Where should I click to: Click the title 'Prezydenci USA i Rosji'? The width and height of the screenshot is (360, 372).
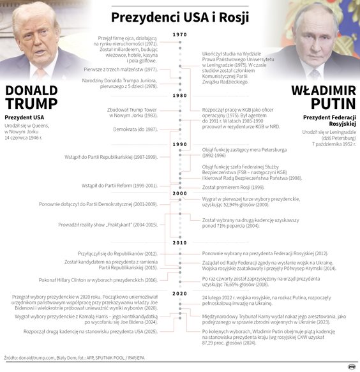point(179,16)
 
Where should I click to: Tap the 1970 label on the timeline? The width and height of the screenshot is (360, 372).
point(180,34)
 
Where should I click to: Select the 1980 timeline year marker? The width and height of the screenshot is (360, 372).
point(180,95)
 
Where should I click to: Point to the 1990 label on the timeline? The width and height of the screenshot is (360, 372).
point(180,144)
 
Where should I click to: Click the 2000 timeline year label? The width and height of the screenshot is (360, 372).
point(180,193)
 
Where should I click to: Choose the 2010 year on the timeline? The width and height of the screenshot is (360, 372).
point(180,242)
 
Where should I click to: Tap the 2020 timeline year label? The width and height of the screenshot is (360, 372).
point(180,293)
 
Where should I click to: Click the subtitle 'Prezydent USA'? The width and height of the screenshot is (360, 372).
point(25,118)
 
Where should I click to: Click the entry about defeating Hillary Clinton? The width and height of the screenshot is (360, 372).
point(102,280)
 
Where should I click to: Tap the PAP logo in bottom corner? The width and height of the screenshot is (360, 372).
point(351,366)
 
